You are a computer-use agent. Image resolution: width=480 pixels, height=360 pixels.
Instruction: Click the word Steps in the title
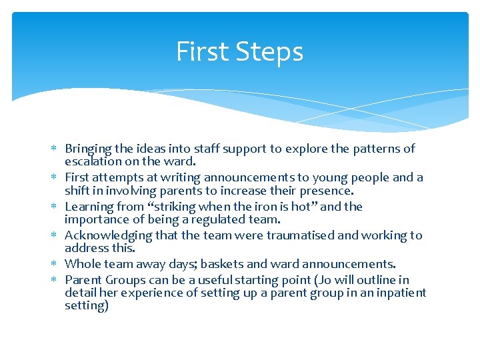tap(273, 53)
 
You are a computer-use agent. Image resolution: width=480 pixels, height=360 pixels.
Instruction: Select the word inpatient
tap(399, 293)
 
